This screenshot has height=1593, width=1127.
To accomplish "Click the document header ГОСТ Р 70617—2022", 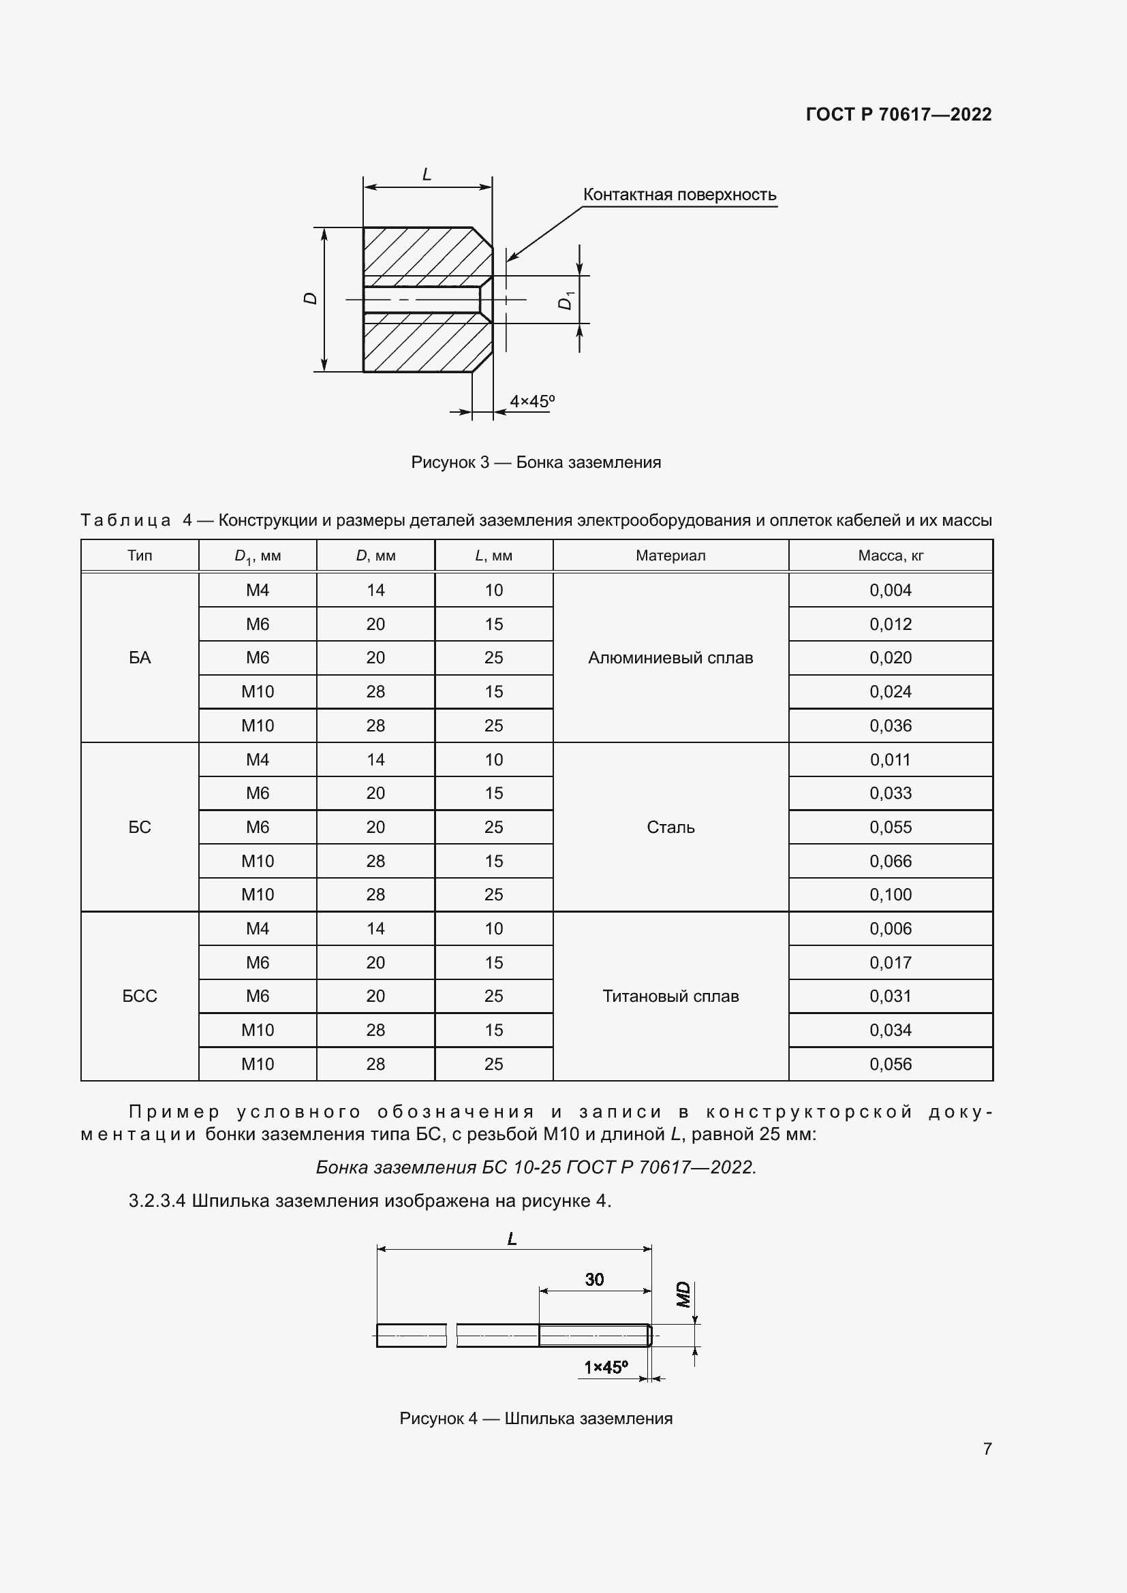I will [898, 114].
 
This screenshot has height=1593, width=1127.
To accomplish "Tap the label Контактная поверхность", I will [679, 195].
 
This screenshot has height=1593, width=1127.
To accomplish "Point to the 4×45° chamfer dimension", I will [531, 401].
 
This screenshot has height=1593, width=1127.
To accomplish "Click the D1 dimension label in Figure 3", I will [566, 300].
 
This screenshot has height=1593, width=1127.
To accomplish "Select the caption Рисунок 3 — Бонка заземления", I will [536, 462].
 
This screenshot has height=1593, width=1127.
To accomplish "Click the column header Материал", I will [670, 556].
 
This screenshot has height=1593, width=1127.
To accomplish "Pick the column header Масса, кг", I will [890, 556].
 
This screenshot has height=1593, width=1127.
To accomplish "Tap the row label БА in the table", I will [140, 658].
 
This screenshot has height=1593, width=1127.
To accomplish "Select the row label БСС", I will [140, 996].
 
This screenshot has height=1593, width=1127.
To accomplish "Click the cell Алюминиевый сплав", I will [670, 658].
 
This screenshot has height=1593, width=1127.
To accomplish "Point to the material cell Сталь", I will [670, 827].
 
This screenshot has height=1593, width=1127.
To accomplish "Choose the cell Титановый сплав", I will [670, 996].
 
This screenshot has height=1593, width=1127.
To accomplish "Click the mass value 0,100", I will [890, 895].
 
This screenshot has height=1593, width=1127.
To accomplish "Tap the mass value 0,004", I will [890, 590].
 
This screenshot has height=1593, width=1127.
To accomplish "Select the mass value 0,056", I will [890, 1064].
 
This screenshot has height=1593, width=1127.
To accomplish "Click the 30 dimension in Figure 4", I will [594, 1280].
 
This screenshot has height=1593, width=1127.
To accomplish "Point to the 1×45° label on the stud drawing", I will [605, 1368].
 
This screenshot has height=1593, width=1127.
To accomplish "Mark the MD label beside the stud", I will [683, 1295].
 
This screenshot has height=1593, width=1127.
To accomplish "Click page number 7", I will [987, 1449].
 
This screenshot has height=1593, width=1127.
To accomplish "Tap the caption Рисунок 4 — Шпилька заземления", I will [536, 1419].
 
